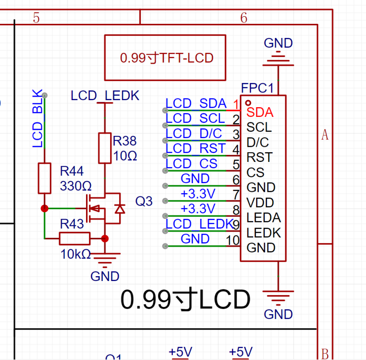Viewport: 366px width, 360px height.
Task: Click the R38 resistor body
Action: (105, 148)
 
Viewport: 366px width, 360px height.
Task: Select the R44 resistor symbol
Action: (45, 178)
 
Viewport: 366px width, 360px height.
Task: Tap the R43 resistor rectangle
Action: (75, 239)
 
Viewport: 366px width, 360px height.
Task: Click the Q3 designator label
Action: (144, 201)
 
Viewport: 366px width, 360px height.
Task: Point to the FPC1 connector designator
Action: (257, 88)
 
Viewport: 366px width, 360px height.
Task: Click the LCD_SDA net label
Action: (196, 103)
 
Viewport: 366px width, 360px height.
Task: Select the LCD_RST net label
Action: (196, 148)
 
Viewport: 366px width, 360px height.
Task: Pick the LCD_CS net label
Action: (191, 163)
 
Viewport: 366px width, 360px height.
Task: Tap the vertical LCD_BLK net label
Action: (37, 118)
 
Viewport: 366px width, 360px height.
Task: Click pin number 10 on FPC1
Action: (233, 240)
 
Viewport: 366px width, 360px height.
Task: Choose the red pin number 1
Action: (236, 104)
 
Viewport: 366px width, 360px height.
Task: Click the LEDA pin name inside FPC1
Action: (264, 217)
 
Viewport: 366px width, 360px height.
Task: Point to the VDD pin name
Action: (260, 202)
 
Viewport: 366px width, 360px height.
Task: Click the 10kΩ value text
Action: (76, 254)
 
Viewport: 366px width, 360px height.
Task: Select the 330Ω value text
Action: (76, 186)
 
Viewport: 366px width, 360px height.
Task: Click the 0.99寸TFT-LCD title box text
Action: (167, 58)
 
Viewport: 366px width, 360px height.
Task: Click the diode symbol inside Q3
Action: (120, 209)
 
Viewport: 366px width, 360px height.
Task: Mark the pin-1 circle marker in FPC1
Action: (248, 103)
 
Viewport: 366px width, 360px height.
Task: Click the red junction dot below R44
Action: (45, 208)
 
